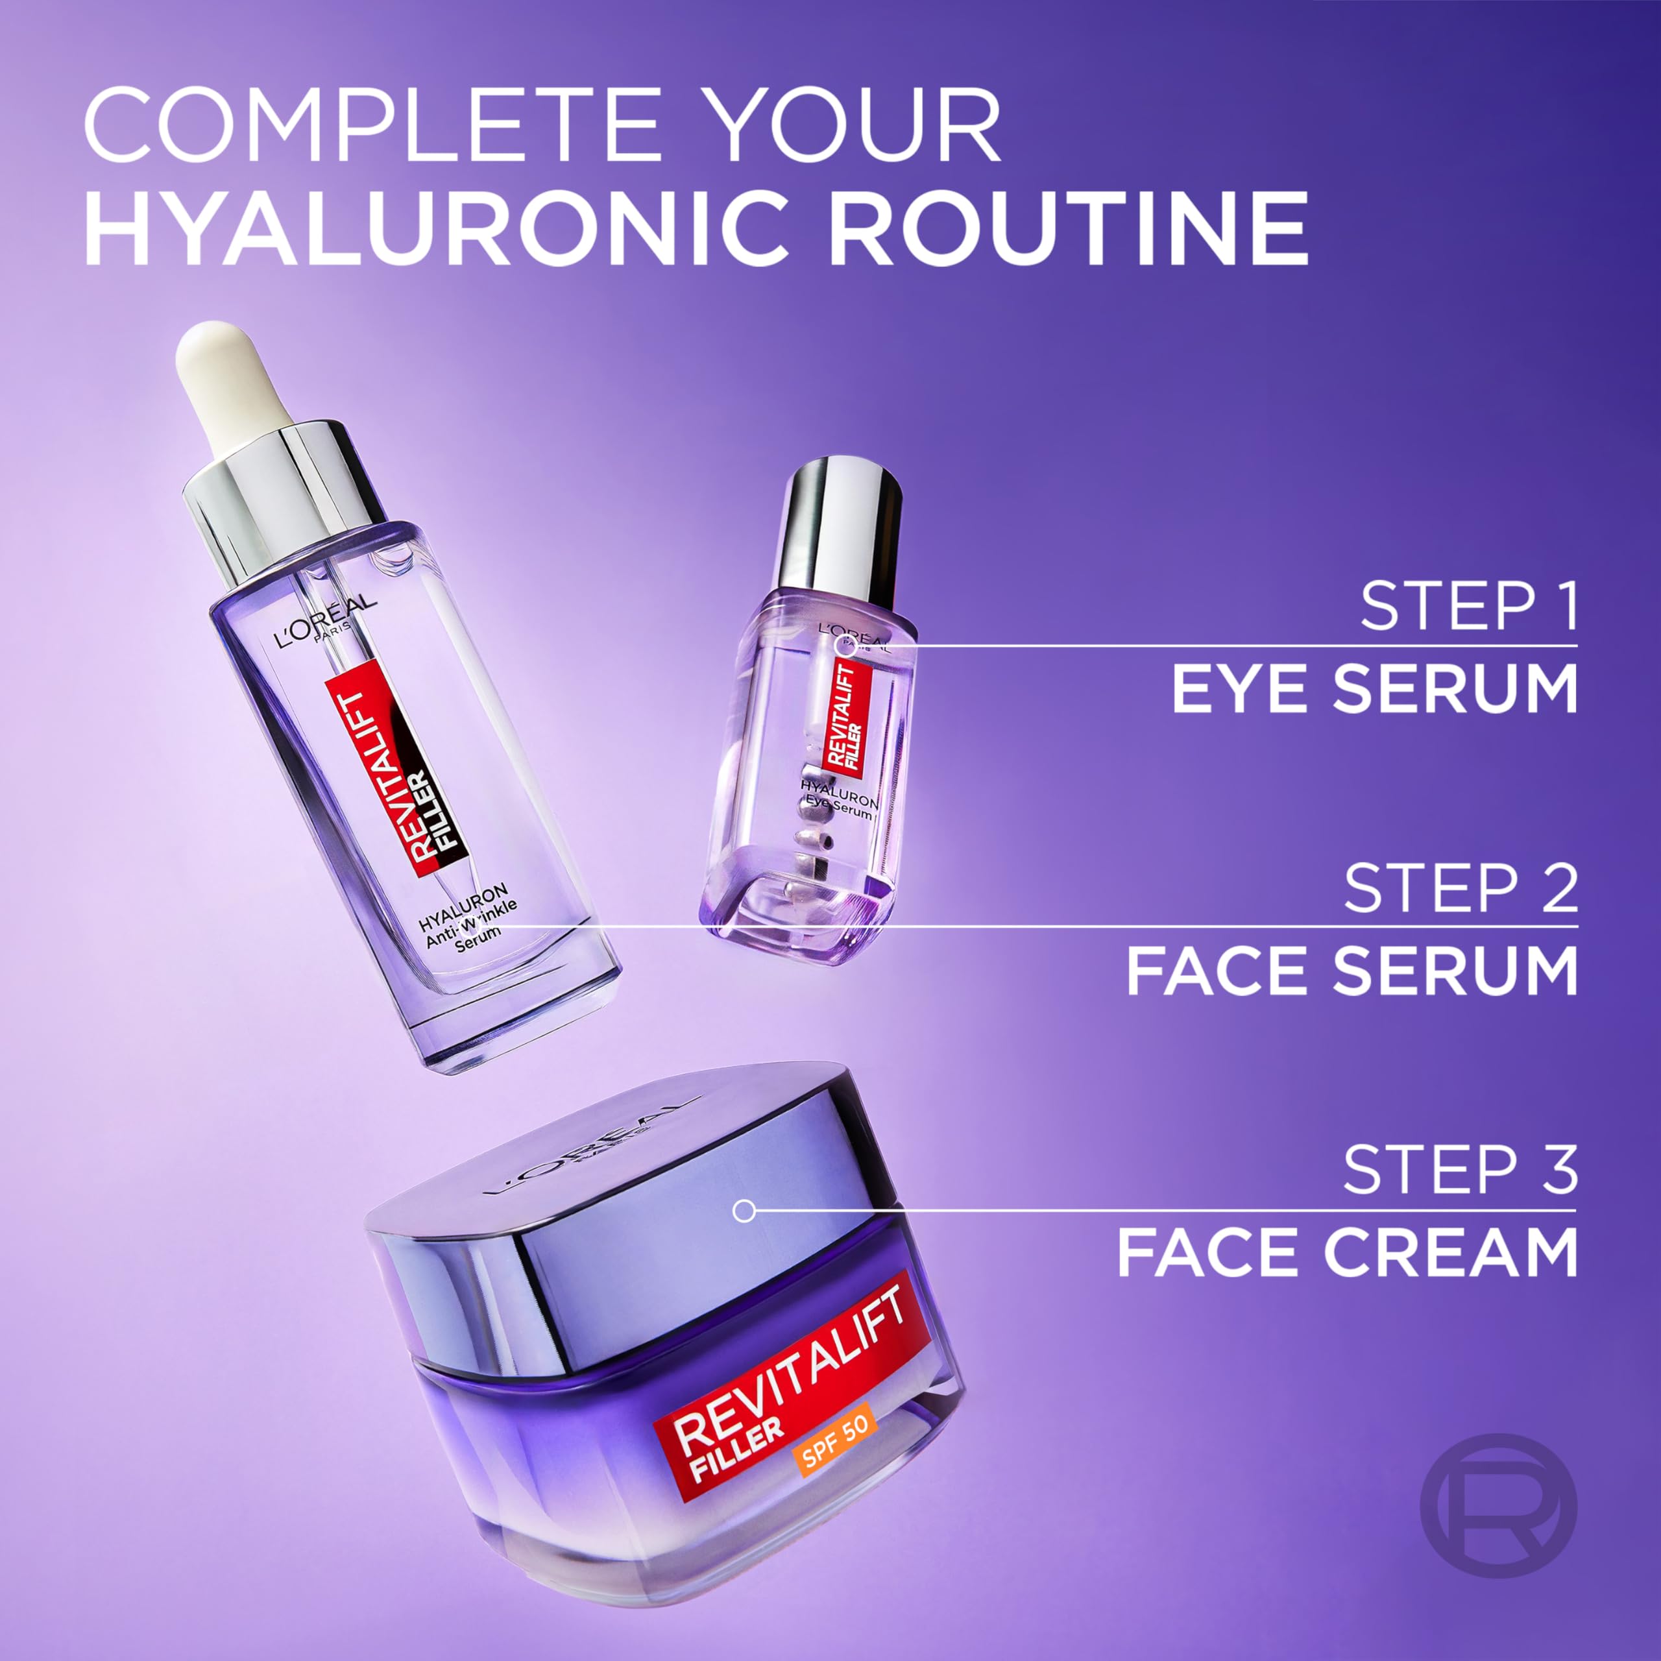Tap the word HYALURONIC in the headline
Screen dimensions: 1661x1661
click(x=437, y=228)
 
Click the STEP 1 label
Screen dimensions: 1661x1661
click(x=1468, y=606)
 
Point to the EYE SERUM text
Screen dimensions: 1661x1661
click(x=1375, y=688)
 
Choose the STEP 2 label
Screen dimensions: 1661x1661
click(x=1461, y=888)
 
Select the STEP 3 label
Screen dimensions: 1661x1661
click(x=1461, y=1169)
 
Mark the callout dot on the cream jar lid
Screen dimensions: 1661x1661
click(x=744, y=1211)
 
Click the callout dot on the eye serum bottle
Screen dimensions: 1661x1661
click(x=846, y=646)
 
